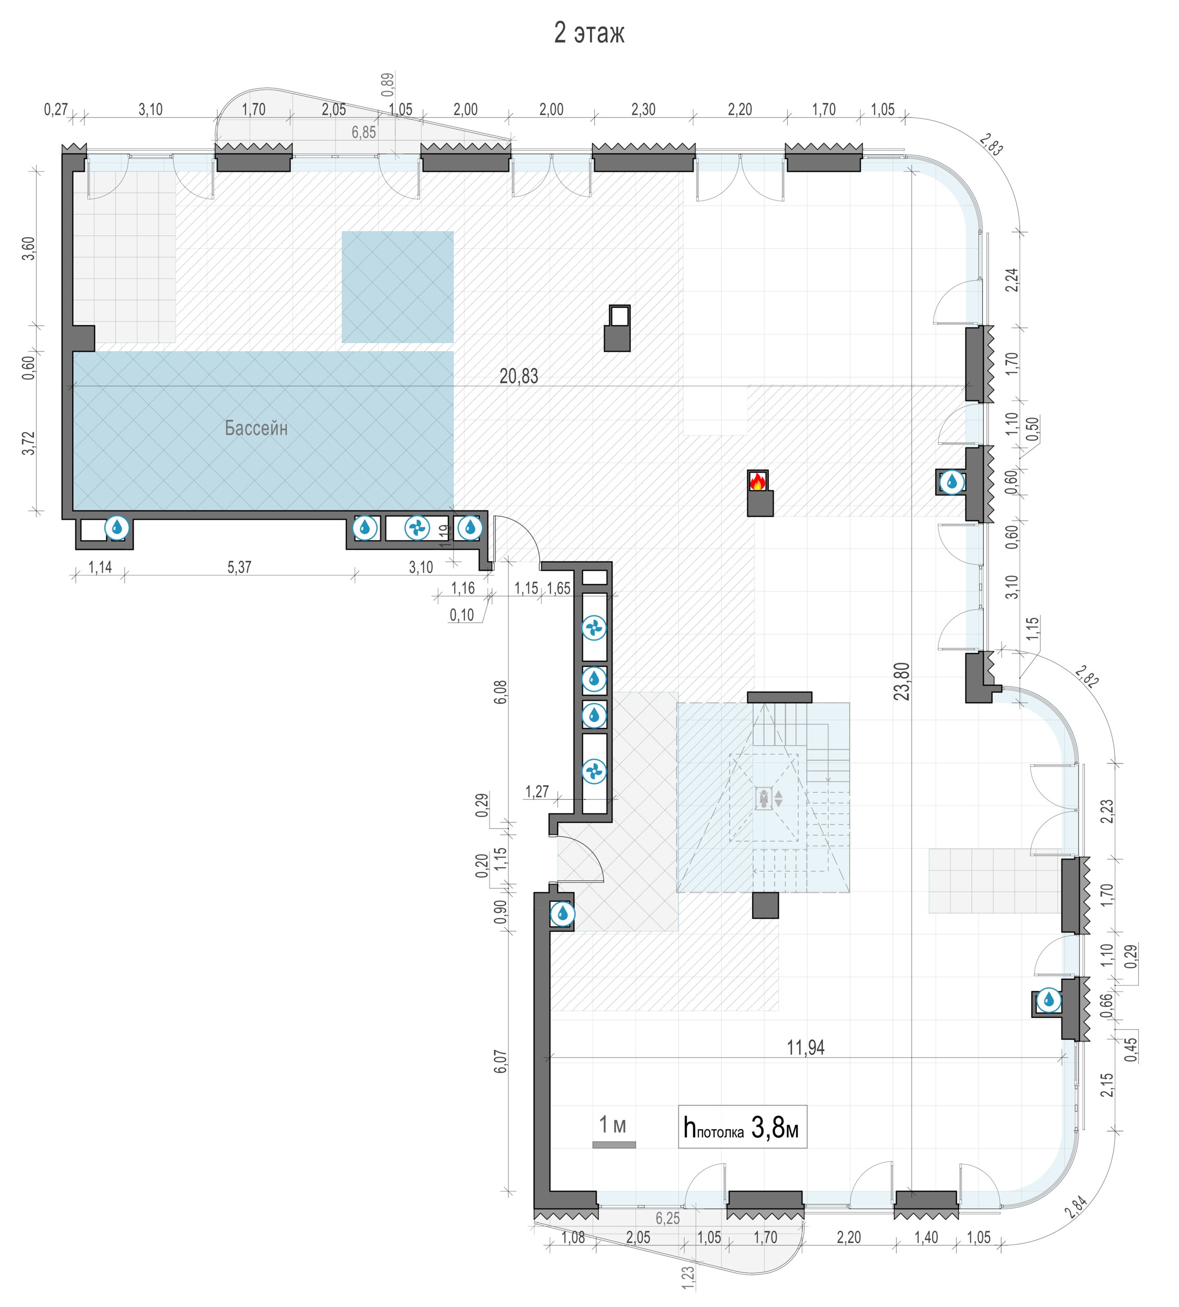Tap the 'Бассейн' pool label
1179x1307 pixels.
click(256, 428)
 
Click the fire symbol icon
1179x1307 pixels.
click(757, 481)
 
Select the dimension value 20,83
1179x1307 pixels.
click(518, 376)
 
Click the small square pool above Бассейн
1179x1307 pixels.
click(397, 287)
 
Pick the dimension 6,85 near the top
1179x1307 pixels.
click(364, 133)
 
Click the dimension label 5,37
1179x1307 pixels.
click(239, 567)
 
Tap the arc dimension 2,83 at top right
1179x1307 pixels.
click(991, 144)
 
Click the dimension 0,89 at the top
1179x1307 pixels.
click(387, 85)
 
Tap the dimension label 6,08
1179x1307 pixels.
click(501, 692)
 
